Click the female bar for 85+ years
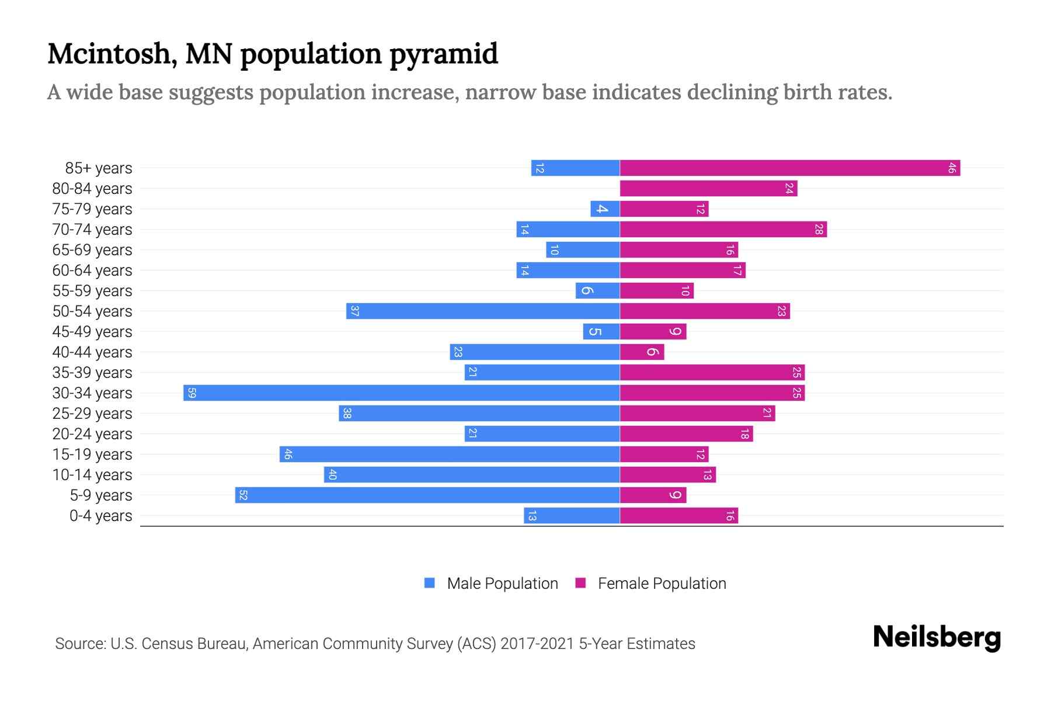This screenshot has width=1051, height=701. click(789, 168)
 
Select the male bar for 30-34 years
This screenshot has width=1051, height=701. click(402, 393)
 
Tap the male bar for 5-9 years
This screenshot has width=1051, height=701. click(427, 495)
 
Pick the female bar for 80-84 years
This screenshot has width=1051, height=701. click(708, 189)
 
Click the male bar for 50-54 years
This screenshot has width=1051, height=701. click(483, 311)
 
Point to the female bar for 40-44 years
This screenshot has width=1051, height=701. click(642, 352)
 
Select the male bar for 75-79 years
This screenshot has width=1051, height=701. click(605, 209)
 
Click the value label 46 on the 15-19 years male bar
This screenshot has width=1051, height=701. click(288, 454)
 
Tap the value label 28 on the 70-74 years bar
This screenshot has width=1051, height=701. click(819, 230)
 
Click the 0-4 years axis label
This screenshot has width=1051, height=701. click(100, 516)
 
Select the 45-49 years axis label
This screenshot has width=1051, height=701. click(92, 332)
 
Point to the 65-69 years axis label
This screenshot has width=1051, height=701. click(92, 250)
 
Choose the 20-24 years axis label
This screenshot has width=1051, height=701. click(92, 434)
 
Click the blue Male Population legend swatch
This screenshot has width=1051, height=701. click(430, 583)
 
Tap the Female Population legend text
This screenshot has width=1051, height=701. click(662, 584)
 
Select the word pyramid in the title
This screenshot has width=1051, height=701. click(443, 54)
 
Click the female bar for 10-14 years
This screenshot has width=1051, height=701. click(667, 475)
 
